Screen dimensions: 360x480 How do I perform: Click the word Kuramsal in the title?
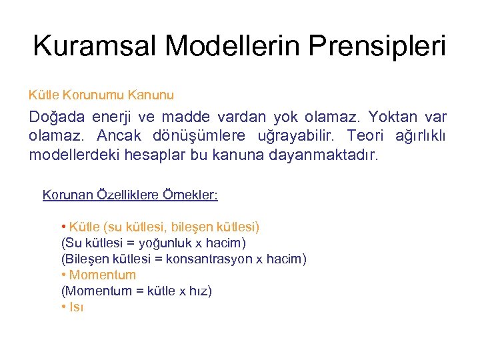point(94,46)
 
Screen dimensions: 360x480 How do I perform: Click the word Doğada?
point(57,117)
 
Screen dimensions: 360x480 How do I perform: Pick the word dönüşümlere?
point(203,137)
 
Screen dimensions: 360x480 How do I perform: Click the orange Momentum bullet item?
point(102,275)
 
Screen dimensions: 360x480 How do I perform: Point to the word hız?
point(199,291)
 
